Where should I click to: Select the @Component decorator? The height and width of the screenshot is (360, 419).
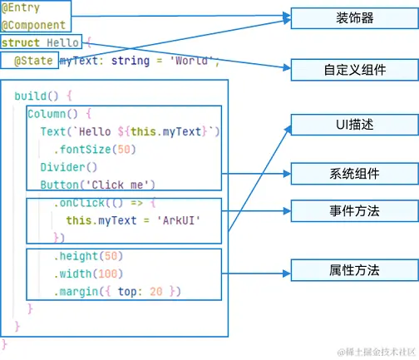(x=32, y=25)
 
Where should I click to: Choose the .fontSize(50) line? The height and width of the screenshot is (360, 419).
(x=93, y=149)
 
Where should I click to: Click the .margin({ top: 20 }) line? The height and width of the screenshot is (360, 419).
(x=116, y=291)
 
